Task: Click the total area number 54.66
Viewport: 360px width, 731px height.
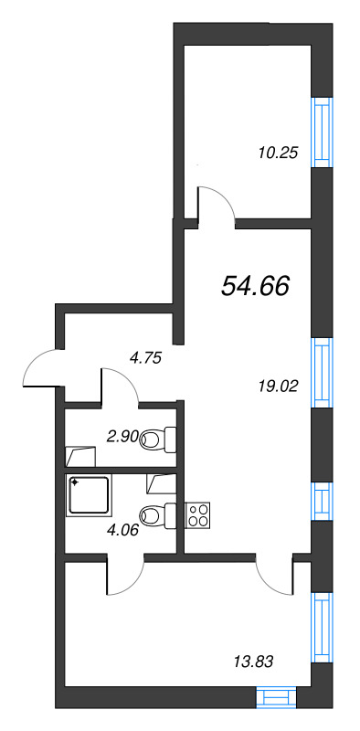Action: pyautogui.click(x=256, y=285)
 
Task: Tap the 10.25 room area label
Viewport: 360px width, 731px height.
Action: pyautogui.click(x=278, y=153)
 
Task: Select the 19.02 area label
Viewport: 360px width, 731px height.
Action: pyautogui.click(x=278, y=386)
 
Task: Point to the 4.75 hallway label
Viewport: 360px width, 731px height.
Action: pyautogui.click(x=145, y=358)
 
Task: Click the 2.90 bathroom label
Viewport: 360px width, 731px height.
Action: pyautogui.click(x=123, y=437)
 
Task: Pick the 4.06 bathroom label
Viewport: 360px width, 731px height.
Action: pyautogui.click(x=123, y=530)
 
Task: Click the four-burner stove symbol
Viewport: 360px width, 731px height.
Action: pyautogui.click(x=197, y=515)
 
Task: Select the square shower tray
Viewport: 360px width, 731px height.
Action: pyautogui.click(x=90, y=495)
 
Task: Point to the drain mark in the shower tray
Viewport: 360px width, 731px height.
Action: pyautogui.click(x=75, y=483)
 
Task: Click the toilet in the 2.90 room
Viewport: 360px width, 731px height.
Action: pyautogui.click(x=158, y=440)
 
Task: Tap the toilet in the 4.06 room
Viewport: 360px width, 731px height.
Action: pyautogui.click(x=158, y=515)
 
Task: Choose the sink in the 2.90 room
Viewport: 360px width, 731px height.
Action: pyautogui.click(x=80, y=456)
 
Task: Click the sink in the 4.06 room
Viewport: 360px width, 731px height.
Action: pyautogui.click(x=162, y=484)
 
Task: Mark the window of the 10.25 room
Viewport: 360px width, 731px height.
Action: pyautogui.click(x=323, y=132)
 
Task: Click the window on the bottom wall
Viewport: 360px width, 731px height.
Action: pyautogui.click(x=277, y=697)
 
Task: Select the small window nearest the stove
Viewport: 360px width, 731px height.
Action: pyautogui.click(x=323, y=501)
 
